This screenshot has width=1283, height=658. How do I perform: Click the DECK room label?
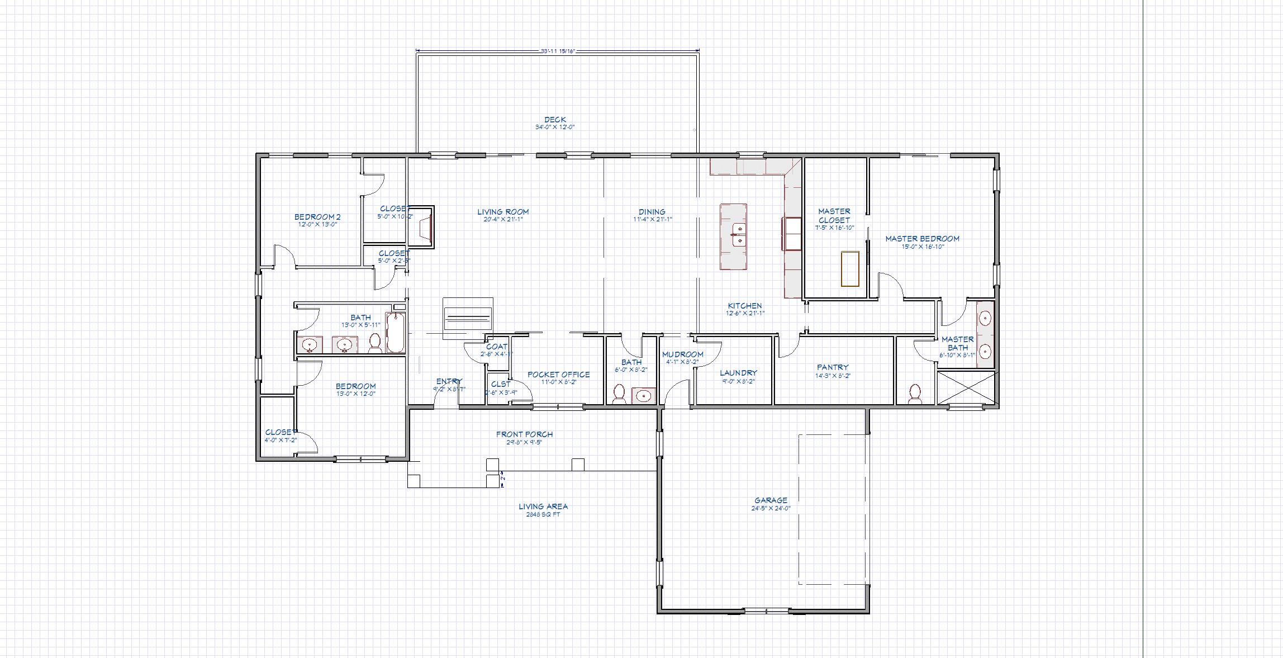[555, 120]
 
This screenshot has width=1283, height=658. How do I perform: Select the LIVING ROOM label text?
[503, 212]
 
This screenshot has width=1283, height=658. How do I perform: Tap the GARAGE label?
[771, 501]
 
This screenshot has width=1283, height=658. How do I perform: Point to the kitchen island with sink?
[733, 237]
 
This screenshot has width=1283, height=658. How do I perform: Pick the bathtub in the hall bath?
[395, 333]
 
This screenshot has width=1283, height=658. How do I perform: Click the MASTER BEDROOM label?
[922, 239]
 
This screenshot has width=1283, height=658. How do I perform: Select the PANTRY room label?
[833, 368]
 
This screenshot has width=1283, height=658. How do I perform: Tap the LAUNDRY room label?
[738, 373]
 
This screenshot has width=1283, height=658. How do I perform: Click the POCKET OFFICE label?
[558, 375]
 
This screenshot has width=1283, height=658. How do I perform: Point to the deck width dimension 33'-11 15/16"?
[558, 51]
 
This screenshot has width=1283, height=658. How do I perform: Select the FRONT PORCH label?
[524, 434]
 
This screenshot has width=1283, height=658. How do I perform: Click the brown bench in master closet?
[850, 269]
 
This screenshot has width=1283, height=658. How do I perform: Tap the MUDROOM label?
[682, 354]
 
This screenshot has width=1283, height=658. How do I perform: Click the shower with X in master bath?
[966, 387]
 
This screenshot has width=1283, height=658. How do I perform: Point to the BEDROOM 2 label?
[317, 217]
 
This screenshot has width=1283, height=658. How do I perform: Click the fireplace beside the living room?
[422, 226]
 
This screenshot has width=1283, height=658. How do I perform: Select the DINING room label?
[652, 212]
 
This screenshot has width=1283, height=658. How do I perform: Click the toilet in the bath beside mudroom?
[619, 394]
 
